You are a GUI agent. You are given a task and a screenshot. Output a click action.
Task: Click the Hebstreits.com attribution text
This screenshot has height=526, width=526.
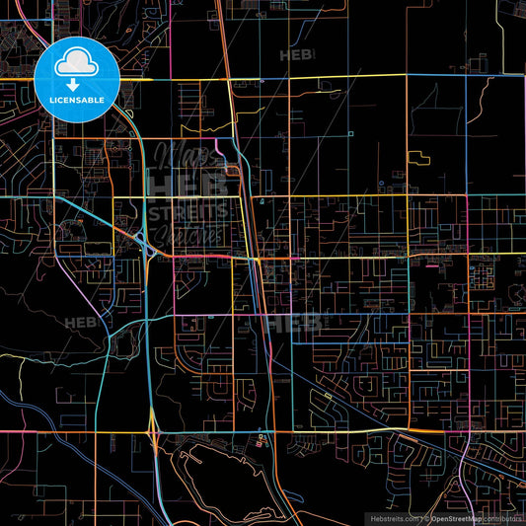tap(392, 517)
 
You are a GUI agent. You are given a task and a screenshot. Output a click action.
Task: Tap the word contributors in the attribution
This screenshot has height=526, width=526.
tap(503, 517)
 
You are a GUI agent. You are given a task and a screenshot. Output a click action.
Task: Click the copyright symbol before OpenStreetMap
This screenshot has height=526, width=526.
tap(425, 517)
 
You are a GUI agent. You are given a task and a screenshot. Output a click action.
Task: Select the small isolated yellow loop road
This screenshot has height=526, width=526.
tap(418, 157)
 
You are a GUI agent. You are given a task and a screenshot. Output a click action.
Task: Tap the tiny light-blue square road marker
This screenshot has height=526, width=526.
tap(350, 132)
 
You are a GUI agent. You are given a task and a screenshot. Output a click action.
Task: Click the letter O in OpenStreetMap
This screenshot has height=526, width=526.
tap(435, 517)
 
